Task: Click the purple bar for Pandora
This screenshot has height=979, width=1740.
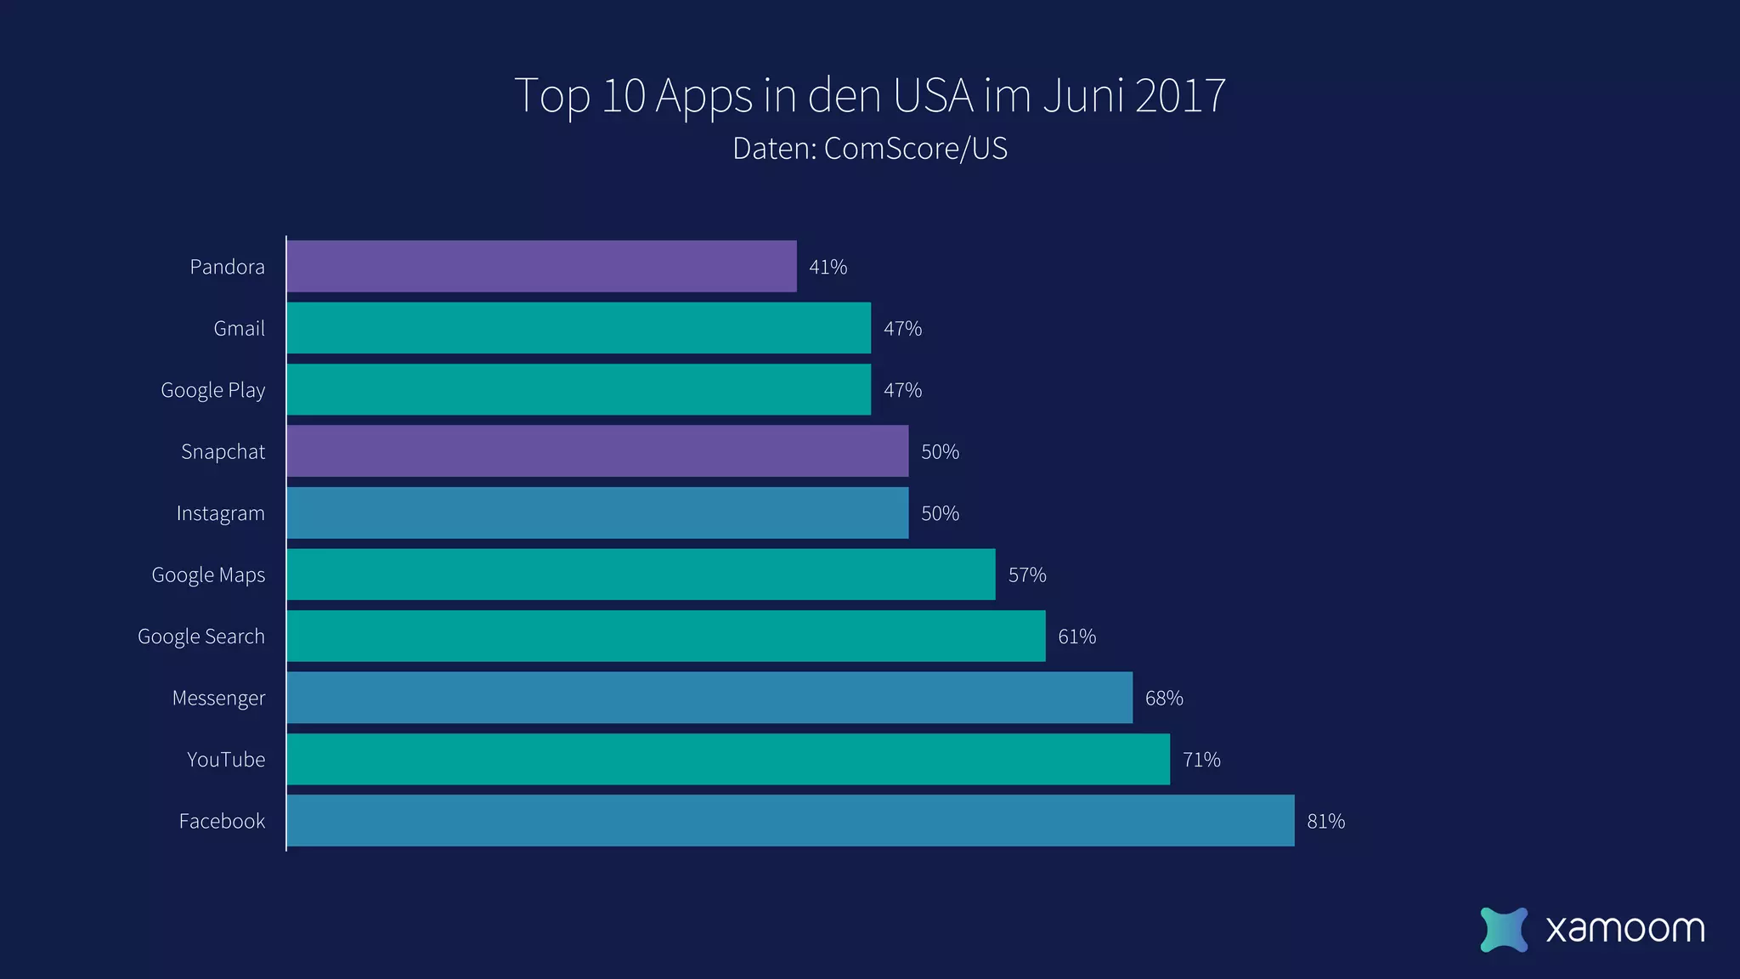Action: tap(541, 266)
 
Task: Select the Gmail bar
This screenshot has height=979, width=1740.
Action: tap(579, 328)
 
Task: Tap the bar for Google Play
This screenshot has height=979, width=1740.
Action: tap(579, 389)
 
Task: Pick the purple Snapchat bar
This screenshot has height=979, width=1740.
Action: tap(597, 451)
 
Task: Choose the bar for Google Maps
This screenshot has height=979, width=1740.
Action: tap(641, 574)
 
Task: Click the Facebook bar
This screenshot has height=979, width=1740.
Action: tap(790, 821)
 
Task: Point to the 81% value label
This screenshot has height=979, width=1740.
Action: tap(1325, 822)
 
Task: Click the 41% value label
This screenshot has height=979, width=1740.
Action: tap(828, 267)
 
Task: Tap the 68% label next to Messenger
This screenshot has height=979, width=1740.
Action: tap(1163, 699)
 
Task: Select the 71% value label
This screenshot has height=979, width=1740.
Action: tap(1200, 760)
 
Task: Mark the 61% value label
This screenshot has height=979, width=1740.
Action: tap(1076, 637)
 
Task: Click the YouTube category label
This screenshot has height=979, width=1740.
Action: tap(226, 760)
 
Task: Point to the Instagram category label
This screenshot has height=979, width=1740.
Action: tap(220, 513)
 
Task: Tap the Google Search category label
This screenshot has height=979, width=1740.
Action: tap(201, 637)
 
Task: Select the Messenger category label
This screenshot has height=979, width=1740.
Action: tap(218, 699)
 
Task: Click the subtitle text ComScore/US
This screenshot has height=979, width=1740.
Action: tap(915, 149)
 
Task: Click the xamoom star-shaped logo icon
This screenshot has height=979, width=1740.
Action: tap(1503, 929)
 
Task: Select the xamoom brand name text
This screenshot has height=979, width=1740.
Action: tap(1624, 929)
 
